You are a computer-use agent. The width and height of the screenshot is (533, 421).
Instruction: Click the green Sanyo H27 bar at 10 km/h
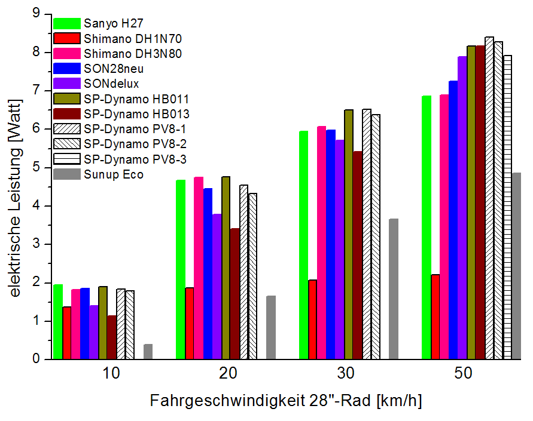point(58,322)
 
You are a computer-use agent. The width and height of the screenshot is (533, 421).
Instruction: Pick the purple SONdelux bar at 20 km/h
point(217,287)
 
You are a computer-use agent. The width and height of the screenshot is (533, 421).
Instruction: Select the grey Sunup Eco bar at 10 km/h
point(148,352)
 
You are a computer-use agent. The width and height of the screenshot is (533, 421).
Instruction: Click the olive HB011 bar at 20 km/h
point(226,268)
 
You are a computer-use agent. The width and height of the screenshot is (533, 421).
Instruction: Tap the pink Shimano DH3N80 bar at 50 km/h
point(444,227)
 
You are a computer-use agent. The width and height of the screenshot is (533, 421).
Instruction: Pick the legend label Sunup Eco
point(114,174)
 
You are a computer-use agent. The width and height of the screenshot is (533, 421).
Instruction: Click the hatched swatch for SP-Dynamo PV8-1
point(66,129)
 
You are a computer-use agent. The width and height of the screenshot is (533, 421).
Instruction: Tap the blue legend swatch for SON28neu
point(66,69)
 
